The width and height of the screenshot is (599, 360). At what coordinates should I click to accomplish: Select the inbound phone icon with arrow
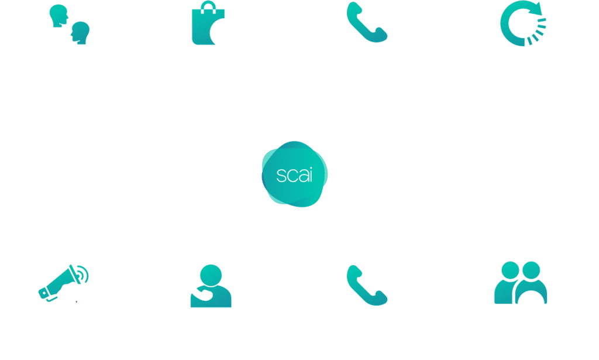tap(366, 286)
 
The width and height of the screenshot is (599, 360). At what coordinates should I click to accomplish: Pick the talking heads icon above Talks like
tap(69, 25)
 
